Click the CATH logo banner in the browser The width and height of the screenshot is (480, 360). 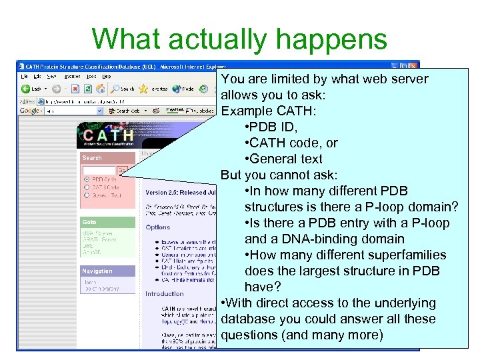[107, 135]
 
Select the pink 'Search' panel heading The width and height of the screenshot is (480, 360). [93, 158]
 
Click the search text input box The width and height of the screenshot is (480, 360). [99, 170]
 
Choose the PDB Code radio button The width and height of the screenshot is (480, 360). [87, 179]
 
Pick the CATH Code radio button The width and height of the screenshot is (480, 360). [87, 187]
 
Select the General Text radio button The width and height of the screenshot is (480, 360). [87, 195]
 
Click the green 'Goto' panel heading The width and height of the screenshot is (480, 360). [89, 222]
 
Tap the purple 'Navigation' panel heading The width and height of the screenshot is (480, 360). [97, 271]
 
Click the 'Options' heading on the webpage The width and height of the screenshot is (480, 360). [158, 227]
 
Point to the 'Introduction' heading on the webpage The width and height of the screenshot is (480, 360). [165, 294]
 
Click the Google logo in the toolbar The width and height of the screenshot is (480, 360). [31, 111]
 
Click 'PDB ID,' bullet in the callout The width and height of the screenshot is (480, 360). [273, 127]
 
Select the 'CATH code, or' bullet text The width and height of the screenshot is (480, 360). [291, 143]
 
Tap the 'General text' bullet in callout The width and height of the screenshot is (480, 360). [283, 159]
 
